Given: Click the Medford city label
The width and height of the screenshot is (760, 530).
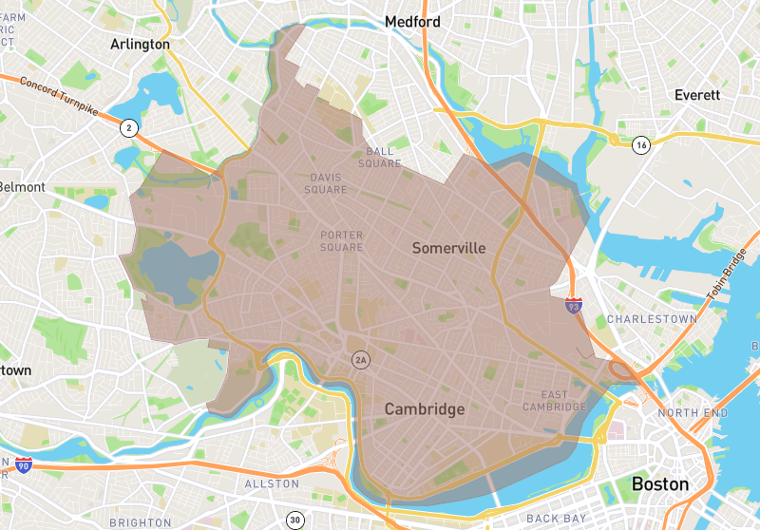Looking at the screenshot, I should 411,21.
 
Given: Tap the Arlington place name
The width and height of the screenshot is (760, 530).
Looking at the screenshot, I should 140,45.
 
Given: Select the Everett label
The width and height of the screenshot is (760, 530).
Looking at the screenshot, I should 697,95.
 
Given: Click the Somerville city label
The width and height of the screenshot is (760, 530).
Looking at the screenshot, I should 448,248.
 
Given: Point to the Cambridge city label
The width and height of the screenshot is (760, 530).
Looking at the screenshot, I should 425,409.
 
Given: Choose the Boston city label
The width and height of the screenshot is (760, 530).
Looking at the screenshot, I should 659,483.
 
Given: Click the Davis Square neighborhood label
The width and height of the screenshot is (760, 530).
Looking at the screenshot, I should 326,183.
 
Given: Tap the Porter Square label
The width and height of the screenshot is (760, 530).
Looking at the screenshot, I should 342,241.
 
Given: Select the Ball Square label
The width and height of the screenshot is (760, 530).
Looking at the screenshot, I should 380,158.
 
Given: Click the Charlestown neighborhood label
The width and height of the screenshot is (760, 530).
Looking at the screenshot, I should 651,319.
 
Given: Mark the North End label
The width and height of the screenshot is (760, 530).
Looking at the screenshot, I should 693,413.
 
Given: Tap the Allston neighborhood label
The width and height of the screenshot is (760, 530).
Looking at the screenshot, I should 273,483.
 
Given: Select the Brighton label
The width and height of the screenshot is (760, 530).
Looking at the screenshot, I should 140,522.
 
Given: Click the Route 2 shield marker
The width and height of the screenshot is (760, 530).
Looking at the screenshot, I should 127,127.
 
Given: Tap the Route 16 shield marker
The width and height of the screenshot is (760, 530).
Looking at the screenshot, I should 642,144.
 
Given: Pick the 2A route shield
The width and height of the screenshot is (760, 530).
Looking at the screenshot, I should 359,360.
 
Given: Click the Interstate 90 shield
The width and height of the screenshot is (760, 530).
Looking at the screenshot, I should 23,465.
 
